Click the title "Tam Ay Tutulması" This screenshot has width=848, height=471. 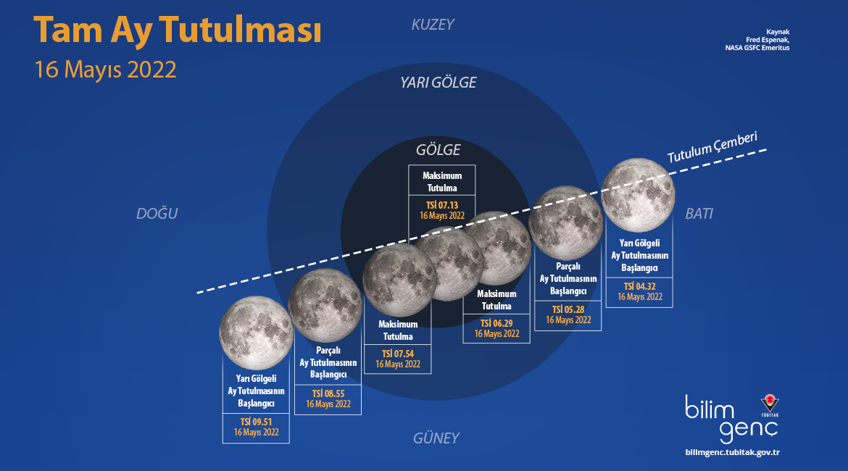tap(178, 30)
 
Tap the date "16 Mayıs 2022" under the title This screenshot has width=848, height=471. tap(106, 70)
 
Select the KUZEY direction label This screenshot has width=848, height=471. tap(433, 25)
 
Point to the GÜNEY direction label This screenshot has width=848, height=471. tap(436, 438)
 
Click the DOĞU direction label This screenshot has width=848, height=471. tap(157, 214)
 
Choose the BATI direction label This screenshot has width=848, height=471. tap(699, 214)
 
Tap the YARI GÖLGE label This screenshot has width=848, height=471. tap(438, 83)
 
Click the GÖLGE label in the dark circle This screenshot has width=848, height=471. tap(438, 150)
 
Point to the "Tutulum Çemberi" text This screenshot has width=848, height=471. tap(712, 147)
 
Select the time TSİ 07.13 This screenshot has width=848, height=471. tap(442, 205)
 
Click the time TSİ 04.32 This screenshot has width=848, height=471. tap(640, 286)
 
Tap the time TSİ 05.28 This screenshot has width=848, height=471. tap(568, 309)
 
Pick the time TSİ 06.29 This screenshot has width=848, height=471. tap(496, 323)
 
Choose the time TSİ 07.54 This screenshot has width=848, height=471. tap(398, 354)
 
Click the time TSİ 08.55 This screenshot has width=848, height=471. tap(328, 393)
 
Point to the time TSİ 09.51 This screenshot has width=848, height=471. tap(257, 422)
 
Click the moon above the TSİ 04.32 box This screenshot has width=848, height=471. tap(638, 195)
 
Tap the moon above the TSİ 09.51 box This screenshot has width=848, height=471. tap(257, 333)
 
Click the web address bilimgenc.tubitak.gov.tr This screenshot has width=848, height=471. tap(732, 452)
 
